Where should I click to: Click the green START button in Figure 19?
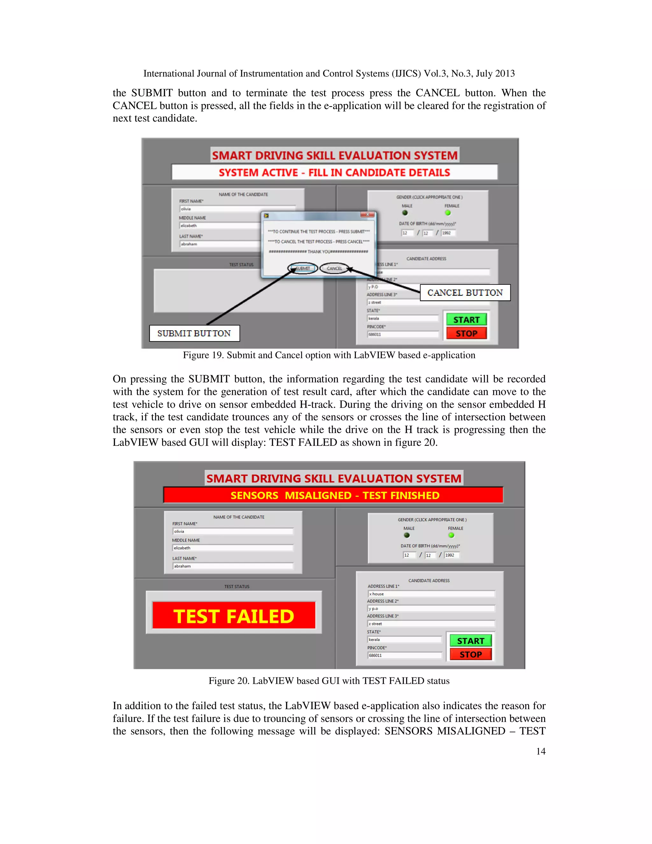click(466, 319)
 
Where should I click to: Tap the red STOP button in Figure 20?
click(471, 654)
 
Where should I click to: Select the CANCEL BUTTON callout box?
click(465, 293)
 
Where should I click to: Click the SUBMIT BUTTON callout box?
click(194, 333)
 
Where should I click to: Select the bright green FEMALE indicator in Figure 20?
click(451, 535)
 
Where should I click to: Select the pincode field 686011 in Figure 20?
click(404, 655)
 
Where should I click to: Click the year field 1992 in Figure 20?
click(451, 555)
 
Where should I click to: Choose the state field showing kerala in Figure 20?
click(404, 640)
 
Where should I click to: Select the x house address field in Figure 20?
click(431, 594)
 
